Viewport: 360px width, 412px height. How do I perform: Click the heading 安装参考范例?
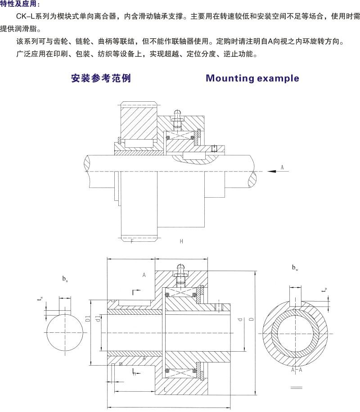pyautogui.click(x=101, y=78)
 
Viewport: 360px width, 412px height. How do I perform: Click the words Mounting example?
pyautogui.click(x=252, y=78)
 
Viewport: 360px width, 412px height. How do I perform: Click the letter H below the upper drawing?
pyautogui.click(x=181, y=241)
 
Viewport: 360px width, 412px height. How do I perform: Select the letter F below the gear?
pyautogui.click(x=132, y=241)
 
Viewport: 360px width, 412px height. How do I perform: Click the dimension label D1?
pyautogui.click(x=89, y=319)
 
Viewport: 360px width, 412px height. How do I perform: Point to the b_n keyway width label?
pyautogui.click(x=65, y=279)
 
